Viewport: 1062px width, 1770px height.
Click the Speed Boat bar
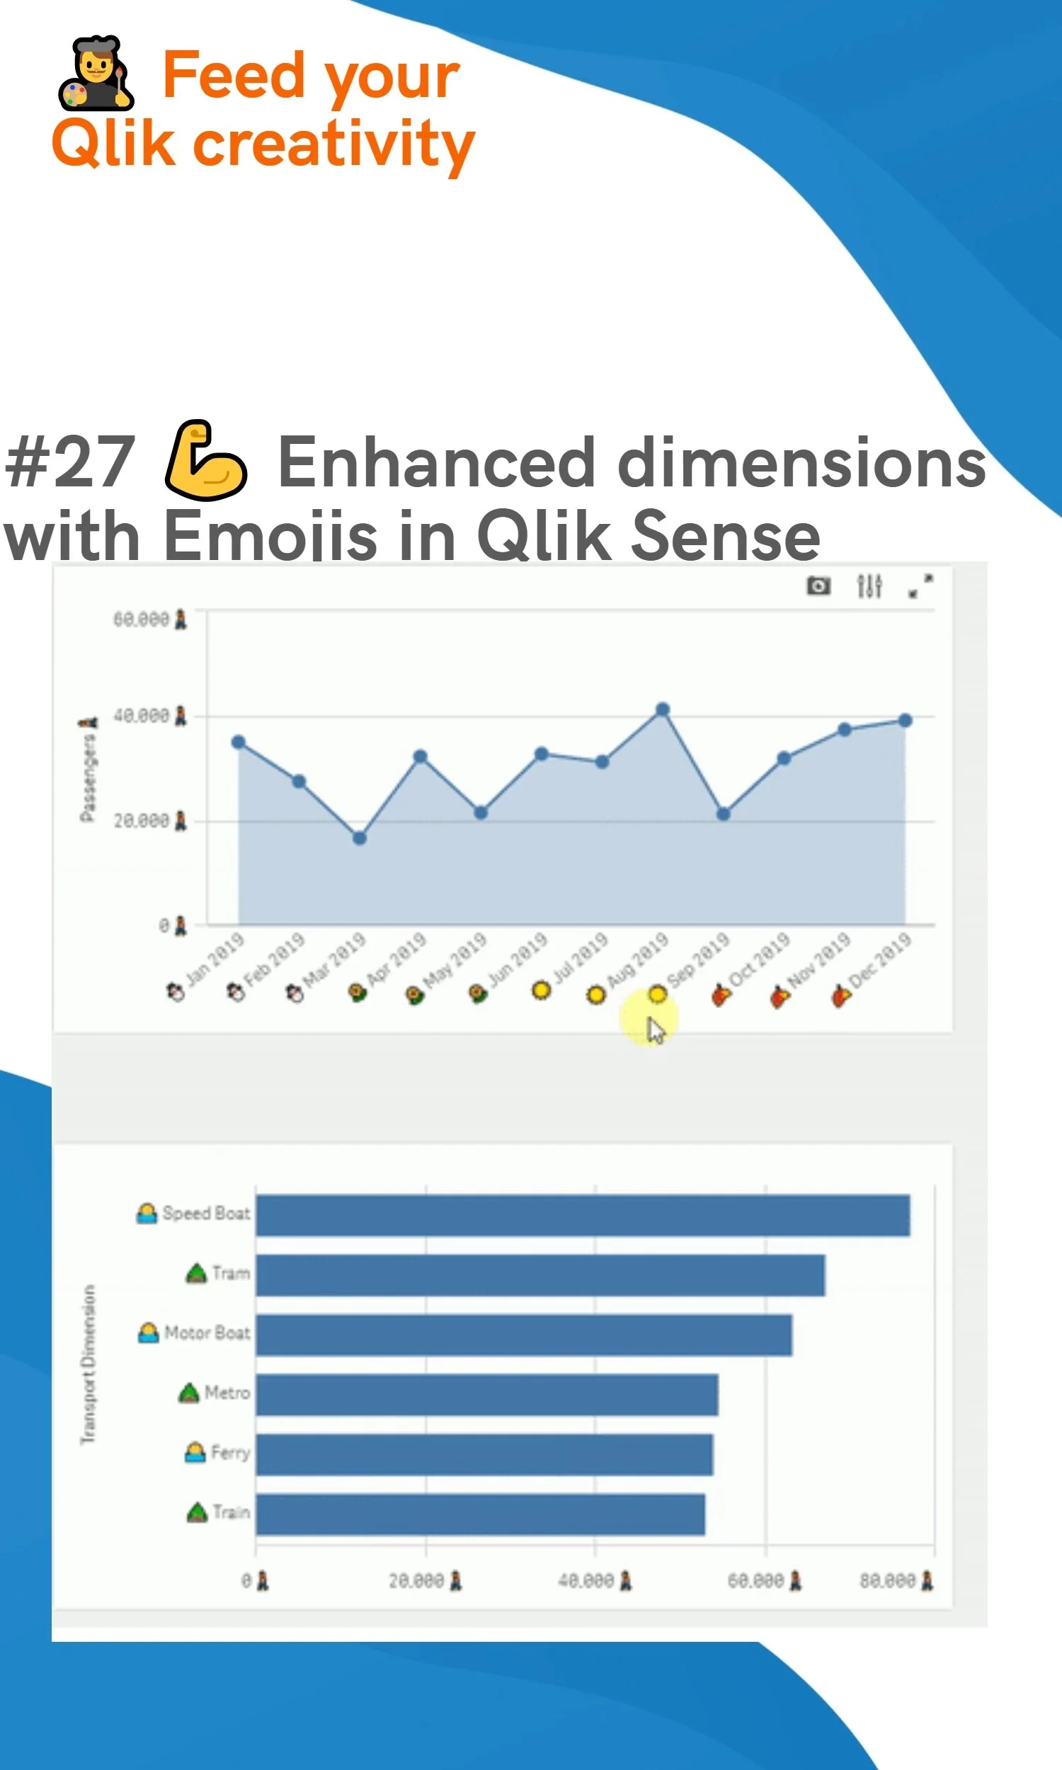coord(583,1215)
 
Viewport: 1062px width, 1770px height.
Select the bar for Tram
coord(540,1275)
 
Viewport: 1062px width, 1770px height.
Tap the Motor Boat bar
coord(524,1335)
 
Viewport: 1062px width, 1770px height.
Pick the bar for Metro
coord(486,1394)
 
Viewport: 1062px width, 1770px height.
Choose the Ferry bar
coord(484,1454)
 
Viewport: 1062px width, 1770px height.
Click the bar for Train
coord(480,1514)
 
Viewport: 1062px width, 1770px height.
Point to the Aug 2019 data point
coord(663,709)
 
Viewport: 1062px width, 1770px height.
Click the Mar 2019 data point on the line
coord(359,838)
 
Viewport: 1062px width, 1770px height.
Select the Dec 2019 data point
coord(905,721)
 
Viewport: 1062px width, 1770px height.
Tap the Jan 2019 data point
coord(239,743)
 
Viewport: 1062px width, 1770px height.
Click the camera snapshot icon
coord(818,587)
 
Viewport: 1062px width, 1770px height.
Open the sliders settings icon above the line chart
coord(869,587)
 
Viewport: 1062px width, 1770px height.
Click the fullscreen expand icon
coord(920,587)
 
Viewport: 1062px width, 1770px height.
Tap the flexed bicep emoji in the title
coord(206,460)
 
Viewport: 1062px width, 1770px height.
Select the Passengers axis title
coord(87,776)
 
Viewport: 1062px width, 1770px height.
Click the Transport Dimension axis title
coord(87,1364)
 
